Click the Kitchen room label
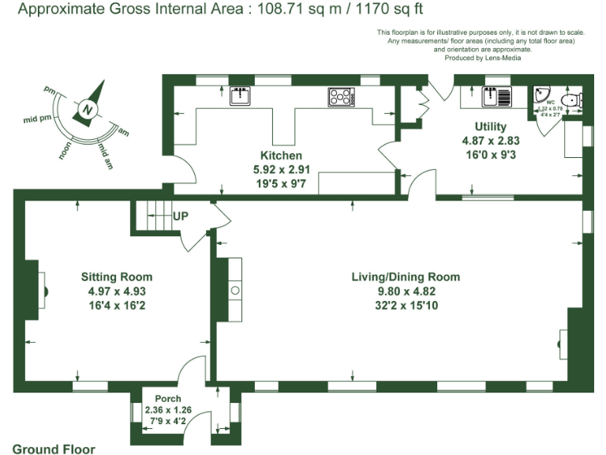pyautogui.click(x=282, y=156)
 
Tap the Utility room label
pyautogui.click(x=490, y=126)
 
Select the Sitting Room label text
pyautogui.click(x=117, y=277)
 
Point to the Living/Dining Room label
pyautogui.click(x=406, y=277)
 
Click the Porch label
pyautogui.click(x=168, y=398)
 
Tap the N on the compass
pyautogui.click(x=89, y=109)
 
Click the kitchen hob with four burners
pyautogui.click(x=340, y=96)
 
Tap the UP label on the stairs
pyautogui.click(x=181, y=215)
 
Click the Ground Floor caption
pyautogui.click(x=54, y=449)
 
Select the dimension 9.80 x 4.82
pyautogui.click(x=406, y=291)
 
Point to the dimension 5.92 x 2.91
pyautogui.click(x=282, y=169)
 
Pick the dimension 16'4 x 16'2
pyautogui.click(x=117, y=304)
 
